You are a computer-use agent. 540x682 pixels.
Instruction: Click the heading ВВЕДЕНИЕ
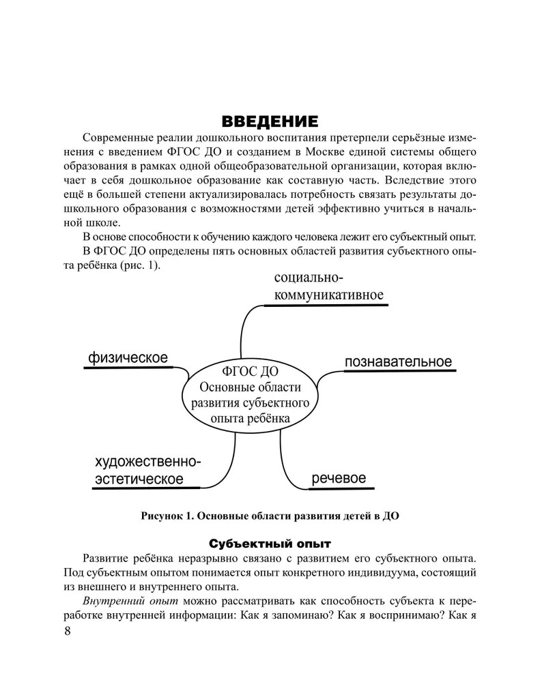click(270, 122)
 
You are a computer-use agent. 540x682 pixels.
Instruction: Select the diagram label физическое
click(128, 357)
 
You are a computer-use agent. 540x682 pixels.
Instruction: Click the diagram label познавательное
click(398, 361)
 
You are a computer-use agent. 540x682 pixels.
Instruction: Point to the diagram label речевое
click(339, 478)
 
